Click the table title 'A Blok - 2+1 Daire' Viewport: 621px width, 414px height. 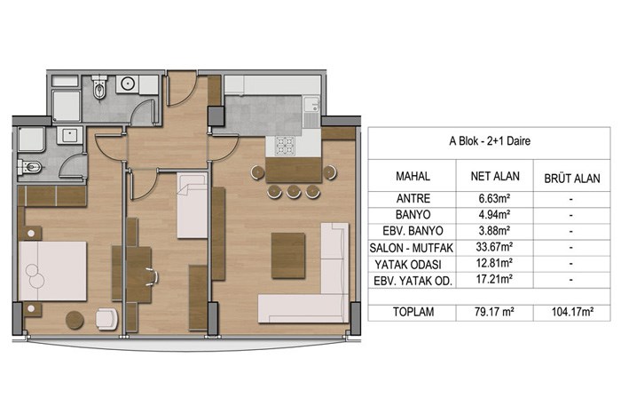tap(490, 141)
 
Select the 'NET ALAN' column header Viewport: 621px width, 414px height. tap(495, 176)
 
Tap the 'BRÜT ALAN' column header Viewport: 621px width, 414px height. tap(572, 179)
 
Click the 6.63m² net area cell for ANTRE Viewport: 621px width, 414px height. tap(494, 198)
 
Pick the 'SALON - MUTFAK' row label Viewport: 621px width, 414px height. tap(412, 248)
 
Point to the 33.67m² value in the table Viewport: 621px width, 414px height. tap(494, 247)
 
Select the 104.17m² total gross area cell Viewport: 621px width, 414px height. tap(572, 312)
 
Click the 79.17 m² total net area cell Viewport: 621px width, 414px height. tap(494, 312)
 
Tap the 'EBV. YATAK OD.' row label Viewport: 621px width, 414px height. tap(413, 281)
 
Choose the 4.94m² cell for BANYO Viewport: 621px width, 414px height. tap(494, 214)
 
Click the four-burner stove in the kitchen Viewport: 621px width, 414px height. tap(285, 145)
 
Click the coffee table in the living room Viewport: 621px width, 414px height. tap(288, 255)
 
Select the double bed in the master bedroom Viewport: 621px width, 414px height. tap(52, 271)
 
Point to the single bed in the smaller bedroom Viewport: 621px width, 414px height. tap(193, 205)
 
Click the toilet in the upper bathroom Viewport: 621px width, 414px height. tap(99, 87)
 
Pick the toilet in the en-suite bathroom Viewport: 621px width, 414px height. tap(30, 167)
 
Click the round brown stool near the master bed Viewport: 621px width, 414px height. tap(75, 320)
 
